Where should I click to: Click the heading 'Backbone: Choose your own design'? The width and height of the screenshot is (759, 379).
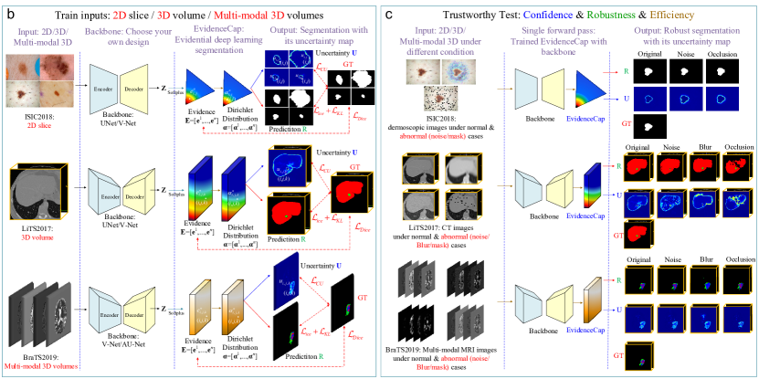[x=125, y=39]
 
